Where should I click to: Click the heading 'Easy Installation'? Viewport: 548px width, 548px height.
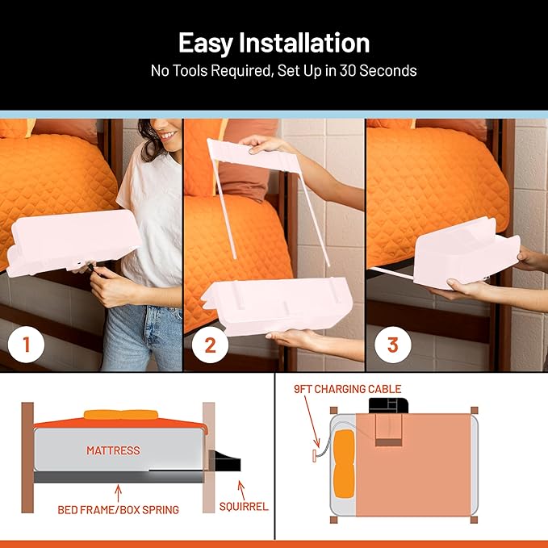tap(274, 42)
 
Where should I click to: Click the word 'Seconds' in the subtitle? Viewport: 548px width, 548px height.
tap(389, 71)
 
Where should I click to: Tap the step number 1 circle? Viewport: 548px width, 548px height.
tap(27, 345)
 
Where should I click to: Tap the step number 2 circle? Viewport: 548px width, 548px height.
tap(210, 345)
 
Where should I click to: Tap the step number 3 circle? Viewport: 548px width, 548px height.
tap(393, 345)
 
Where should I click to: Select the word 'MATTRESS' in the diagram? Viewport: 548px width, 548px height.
tap(113, 450)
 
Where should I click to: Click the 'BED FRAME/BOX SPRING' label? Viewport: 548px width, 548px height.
tap(119, 510)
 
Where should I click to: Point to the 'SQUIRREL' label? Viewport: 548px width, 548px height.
tap(245, 507)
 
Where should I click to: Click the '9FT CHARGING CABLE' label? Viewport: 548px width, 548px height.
tap(347, 389)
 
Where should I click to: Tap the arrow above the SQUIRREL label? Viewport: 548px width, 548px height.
tap(238, 487)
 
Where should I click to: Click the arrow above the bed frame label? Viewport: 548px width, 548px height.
tap(119, 491)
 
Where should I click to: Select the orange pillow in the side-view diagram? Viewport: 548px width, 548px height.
tap(121, 415)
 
